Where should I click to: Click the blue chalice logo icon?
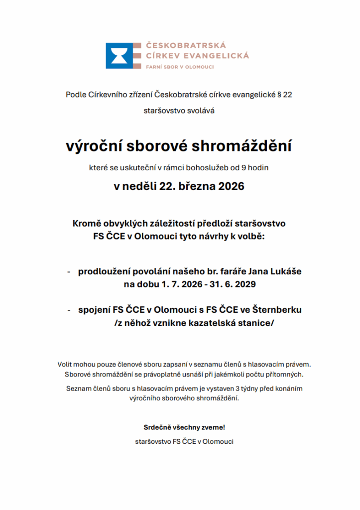tap(120, 56)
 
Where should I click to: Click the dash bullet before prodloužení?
tap(69, 272)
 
